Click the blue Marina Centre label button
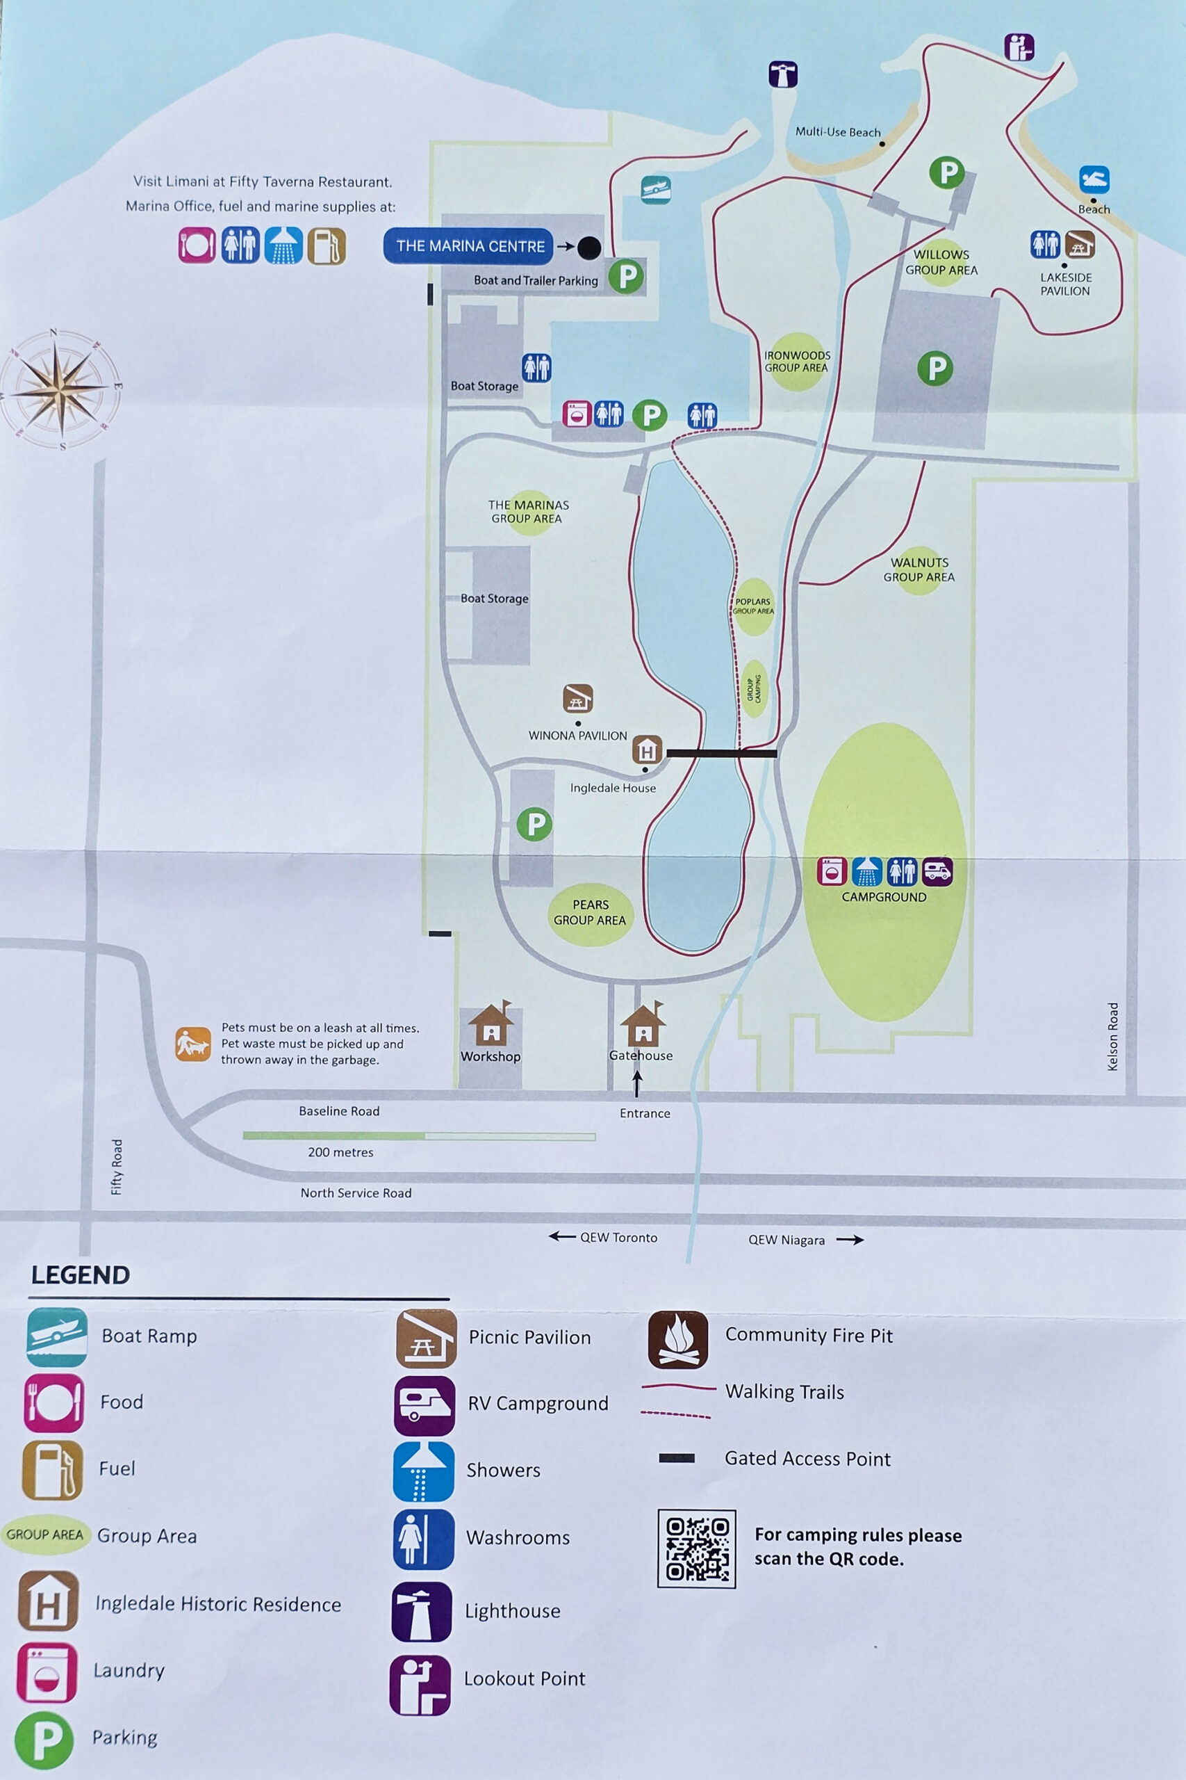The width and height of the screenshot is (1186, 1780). [x=469, y=246]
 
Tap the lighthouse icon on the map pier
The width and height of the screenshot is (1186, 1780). [x=783, y=75]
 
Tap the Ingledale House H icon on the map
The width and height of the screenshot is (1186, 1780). [x=647, y=750]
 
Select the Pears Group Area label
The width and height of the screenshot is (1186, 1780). [x=590, y=913]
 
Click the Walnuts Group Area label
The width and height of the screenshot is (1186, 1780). [x=919, y=570]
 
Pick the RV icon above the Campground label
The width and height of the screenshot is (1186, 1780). [x=937, y=871]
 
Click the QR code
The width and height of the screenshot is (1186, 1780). [x=696, y=1548]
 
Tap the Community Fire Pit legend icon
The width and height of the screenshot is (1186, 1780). [x=677, y=1340]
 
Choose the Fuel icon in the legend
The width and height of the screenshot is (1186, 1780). [x=52, y=1469]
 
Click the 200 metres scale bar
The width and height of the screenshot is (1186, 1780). [x=418, y=1136]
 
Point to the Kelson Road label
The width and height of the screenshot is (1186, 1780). [x=1112, y=1036]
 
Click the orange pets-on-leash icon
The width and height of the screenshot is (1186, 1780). [x=193, y=1044]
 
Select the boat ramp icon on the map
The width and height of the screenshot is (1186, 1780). [x=656, y=189]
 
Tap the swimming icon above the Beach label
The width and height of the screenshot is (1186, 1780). [x=1094, y=180]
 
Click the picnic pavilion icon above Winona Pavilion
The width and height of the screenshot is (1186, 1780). [x=577, y=699]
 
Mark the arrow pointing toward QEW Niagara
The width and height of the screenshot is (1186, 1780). [x=850, y=1240]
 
